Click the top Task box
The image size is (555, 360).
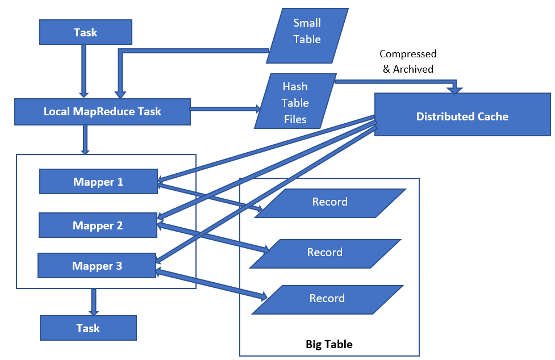[85, 32]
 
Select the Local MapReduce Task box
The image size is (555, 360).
[102, 111]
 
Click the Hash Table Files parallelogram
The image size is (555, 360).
[295, 102]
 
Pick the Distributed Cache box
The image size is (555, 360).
[462, 116]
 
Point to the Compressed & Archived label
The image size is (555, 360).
[407, 61]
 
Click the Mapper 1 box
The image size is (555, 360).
[98, 182]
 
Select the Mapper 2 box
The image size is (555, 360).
[97, 225]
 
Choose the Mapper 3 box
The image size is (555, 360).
[97, 266]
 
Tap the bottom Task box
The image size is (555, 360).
[88, 328]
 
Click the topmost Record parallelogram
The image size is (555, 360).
[330, 202]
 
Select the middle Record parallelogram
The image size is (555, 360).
[325, 253]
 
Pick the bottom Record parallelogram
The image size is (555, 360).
[327, 299]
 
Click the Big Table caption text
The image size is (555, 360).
[329, 344]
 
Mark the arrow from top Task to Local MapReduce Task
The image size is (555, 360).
[84, 70]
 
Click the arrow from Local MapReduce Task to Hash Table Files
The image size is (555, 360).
[224, 108]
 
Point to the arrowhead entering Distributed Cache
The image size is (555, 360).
[455, 89]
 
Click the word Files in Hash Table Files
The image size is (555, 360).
[295, 119]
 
